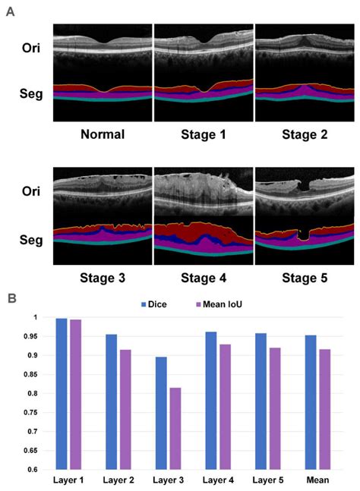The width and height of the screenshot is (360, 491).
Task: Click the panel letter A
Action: (10, 12)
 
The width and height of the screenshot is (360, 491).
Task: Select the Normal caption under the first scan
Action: (102, 136)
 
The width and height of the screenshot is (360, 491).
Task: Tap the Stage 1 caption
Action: (203, 136)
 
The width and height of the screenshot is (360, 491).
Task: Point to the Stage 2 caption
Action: (303, 136)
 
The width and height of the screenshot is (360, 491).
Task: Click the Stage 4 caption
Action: (203, 278)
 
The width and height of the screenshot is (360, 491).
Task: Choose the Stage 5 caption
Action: (303, 278)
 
